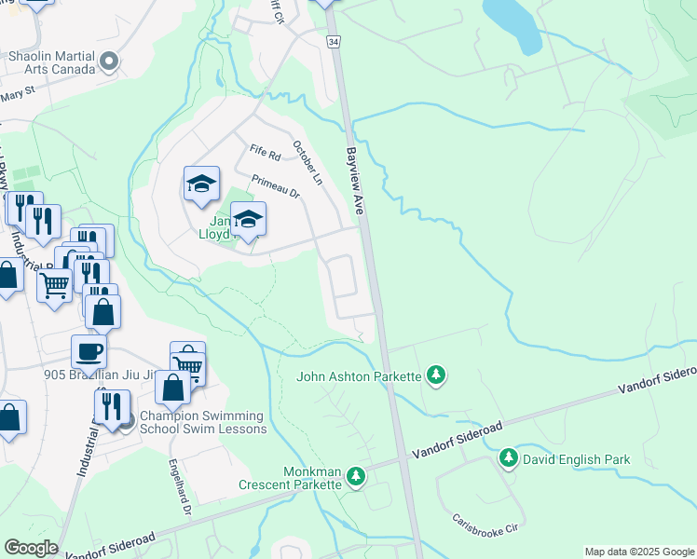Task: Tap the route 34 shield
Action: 332,41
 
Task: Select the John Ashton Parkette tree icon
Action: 435,376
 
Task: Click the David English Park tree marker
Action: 509,458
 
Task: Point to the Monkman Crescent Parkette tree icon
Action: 355,477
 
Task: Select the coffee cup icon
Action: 89,352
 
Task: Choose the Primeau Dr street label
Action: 275,186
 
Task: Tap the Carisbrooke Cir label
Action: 485,525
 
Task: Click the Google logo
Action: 31,548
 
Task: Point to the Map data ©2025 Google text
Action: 638,552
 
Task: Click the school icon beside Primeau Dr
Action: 200,184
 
